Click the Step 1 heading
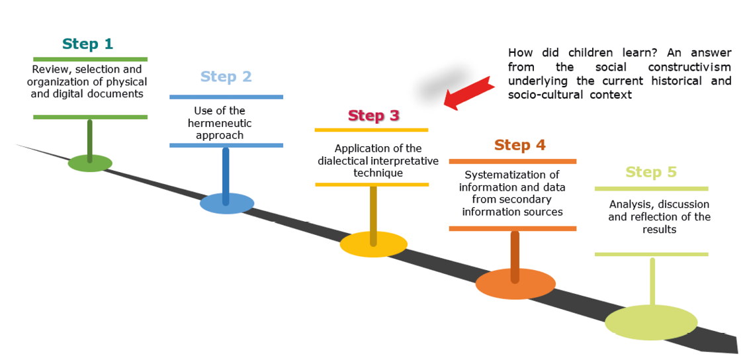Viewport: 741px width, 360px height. click(87, 44)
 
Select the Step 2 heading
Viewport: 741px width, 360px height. click(226, 77)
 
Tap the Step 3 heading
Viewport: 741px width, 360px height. click(373, 116)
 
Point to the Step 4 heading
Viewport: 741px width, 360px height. click(519, 146)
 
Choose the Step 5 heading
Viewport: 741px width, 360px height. click(651, 173)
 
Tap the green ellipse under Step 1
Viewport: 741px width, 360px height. click(90, 163)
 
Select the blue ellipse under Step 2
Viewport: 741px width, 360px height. click(227, 203)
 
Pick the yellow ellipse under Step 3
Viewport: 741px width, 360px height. click(374, 244)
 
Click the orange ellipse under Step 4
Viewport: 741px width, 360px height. click(514, 284)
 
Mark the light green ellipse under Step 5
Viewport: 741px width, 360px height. click(651, 322)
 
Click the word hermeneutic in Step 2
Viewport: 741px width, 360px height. click(224, 123)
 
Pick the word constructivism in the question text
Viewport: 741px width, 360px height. click(689, 67)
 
